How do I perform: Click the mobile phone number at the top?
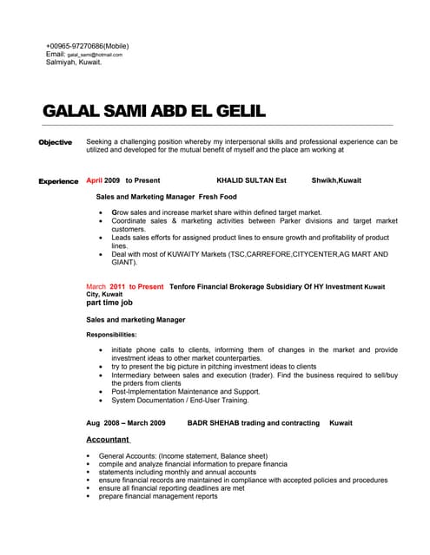pyautogui.click(x=87, y=45)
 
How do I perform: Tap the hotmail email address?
pyautogui.click(x=95, y=54)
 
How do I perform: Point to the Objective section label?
pyautogui.click(x=55, y=141)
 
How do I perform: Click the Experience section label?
pyautogui.click(x=58, y=180)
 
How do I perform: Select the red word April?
pyautogui.click(x=95, y=180)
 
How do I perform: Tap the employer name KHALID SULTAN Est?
pyautogui.click(x=251, y=180)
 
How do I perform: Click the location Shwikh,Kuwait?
pyautogui.click(x=336, y=180)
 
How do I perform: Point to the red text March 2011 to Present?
pyautogui.click(x=124, y=286)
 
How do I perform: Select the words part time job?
pyautogui.click(x=109, y=303)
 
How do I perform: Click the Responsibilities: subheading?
pyautogui.click(x=111, y=334)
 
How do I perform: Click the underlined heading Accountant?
pyautogui.click(x=107, y=440)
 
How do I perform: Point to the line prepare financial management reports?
pyautogui.click(x=158, y=496)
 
